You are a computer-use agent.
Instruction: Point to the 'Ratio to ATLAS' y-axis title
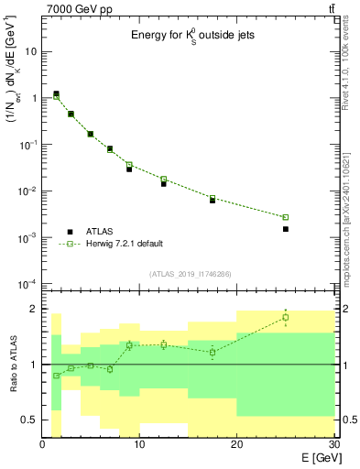[12, 365]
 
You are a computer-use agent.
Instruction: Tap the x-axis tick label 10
[139, 445]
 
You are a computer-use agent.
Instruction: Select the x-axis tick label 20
[236, 445]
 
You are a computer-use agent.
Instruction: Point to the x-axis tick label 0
[43, 445]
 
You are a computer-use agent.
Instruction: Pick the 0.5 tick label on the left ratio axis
[29, 420]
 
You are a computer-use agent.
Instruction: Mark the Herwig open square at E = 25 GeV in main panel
[285, 217]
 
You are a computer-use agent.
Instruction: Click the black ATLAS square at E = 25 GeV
[285, 229]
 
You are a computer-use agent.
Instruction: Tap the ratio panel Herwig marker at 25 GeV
[285, 318]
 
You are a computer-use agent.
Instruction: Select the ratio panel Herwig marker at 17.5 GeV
[213, 352]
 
